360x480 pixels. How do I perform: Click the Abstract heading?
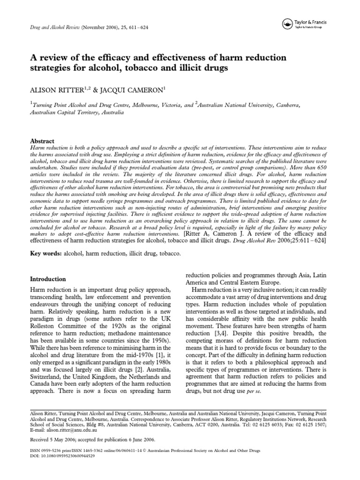[42, 141]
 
